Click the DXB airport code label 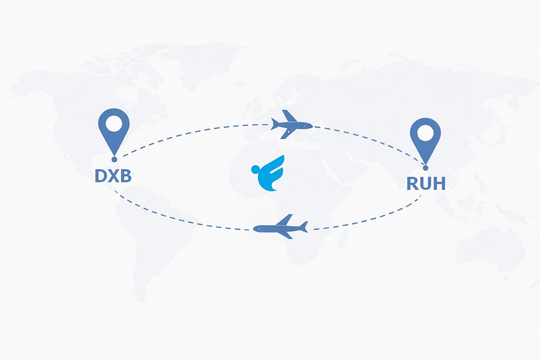click(x=113, y=176)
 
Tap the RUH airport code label click(x=426, y=184)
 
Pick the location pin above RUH click(x=425, y=137)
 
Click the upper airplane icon click(x=291, y=125)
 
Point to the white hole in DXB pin click(x=114, y=123)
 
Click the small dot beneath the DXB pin click(x=114, y=159)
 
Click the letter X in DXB click(x=113, y=176)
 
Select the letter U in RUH click(x=426, y=184)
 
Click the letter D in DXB click(x=101, y=176)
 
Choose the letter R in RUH click(x=413, y=184)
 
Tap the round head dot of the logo click(x=256, y=170)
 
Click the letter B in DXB click(x=125, y=176)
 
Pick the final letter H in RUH click(x=439, y=184)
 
